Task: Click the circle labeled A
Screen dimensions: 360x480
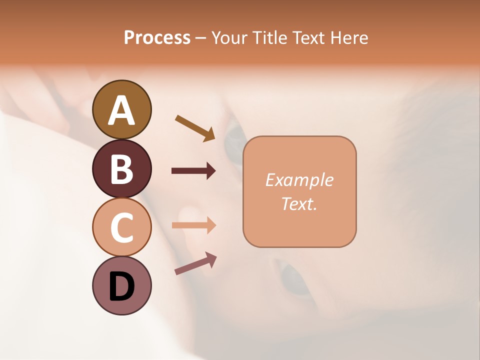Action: [121, 109]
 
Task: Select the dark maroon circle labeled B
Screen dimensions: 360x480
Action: [121, 168]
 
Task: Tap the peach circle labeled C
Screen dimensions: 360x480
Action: [121, 227]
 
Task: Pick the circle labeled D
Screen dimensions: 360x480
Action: [121, 286]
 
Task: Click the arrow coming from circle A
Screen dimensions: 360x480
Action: [195, 128]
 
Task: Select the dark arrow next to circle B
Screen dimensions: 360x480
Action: [193, 171]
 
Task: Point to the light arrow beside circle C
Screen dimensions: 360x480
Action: [193, 225]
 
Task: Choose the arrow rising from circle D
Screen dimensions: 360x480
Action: [195, 263]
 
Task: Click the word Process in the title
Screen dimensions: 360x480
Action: [157, 37]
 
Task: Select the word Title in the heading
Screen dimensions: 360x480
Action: [270, 37]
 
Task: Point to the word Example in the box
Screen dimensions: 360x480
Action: [299, 180]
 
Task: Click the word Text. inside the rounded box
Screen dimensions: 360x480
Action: [299, 203]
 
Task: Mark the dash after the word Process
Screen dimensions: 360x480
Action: [201, 38]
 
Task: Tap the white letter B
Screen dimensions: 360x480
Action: [121, 169]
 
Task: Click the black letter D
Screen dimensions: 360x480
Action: [121, 287]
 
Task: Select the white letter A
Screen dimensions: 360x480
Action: [121, 110]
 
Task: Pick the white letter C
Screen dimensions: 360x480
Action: [121, 228]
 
